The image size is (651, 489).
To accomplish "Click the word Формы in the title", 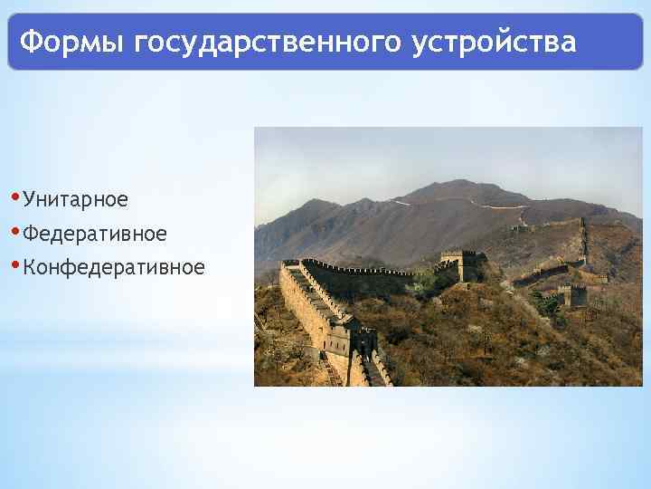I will (71, 42).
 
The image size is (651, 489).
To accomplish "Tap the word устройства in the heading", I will (493, 42).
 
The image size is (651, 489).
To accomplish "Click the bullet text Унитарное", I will (76, 198).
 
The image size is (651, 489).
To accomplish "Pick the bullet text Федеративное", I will (95, 234).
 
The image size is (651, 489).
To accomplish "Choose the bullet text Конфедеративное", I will (114, 267).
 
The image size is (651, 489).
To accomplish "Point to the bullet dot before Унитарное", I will (18, 197).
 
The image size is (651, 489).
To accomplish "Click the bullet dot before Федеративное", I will (18, 231).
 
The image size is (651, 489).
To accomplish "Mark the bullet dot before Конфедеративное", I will (18, 264).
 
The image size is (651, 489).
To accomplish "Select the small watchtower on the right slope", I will (571, 295).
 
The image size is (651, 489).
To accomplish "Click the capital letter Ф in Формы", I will (30, 42).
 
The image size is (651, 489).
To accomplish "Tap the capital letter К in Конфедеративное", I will (31, 267).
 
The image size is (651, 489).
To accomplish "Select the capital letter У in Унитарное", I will (30, 198).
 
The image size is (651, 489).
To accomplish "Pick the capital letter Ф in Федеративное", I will (31, 234).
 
